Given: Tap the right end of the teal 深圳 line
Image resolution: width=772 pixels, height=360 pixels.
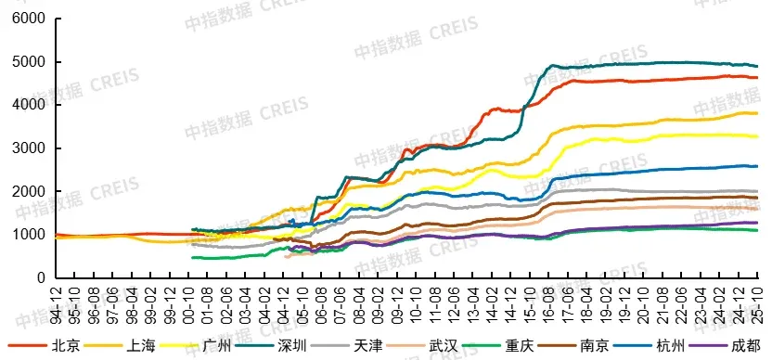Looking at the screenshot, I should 757,66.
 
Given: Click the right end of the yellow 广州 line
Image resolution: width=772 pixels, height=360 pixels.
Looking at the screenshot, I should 757,136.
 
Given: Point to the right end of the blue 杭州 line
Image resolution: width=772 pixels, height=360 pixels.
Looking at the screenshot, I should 757,166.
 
